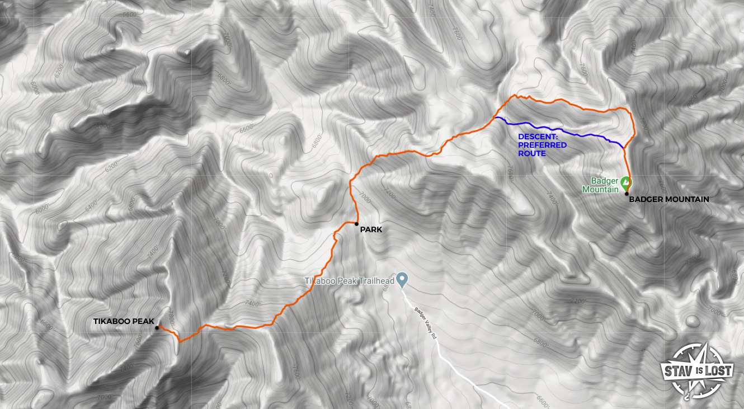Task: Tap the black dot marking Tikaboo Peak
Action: pyautogui.click(x=157, y=327)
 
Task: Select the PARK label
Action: pyautogui.click(x=371, y=229)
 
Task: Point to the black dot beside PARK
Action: pyautogui.click(x=356, y=224)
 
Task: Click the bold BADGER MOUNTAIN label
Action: pyautogui.click(x=668, y=199)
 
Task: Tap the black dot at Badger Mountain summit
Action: pyautogui.click(x=627, y=194)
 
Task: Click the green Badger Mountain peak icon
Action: pyautogui.click(x=626, y=182)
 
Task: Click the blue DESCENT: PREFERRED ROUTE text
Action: pyautogui.click(x=542, y=145)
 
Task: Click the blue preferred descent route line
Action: pyautogui.click(x=559, y=130)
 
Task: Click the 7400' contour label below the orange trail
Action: pyautogui.click(x=252, y=304)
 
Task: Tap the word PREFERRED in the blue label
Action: pyautogui.click(x=542, y=145)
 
